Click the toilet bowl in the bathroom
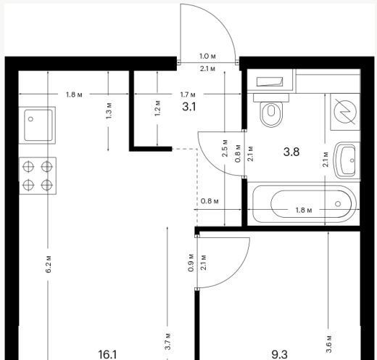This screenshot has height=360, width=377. (271, 110)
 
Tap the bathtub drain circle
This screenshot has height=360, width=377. (338, 204)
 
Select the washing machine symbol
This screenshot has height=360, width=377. (345, 112)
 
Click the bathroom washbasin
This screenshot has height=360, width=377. (347, 160)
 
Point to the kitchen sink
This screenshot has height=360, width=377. (38, 126)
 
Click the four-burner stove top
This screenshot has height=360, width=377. (38, 176)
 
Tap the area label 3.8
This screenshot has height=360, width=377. (291, 152)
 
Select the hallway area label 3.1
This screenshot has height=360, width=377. (189, 107)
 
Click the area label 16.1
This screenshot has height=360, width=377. (107, 355)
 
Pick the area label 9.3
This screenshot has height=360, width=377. (280, 355)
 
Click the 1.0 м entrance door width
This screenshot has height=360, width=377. (207, 57)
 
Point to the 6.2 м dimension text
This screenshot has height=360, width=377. (49, 264)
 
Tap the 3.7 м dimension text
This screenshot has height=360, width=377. (168, 341)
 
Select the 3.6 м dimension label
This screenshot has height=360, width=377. (329, 344)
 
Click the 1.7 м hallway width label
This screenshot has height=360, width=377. (188, 94)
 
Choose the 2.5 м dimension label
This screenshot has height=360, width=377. (225, 148)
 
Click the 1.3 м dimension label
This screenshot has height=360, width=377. (109, 110)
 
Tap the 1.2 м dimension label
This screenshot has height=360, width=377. (157, 108)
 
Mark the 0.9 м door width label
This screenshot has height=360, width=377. (191, 263)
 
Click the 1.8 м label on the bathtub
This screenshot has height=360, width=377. (304, 210)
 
